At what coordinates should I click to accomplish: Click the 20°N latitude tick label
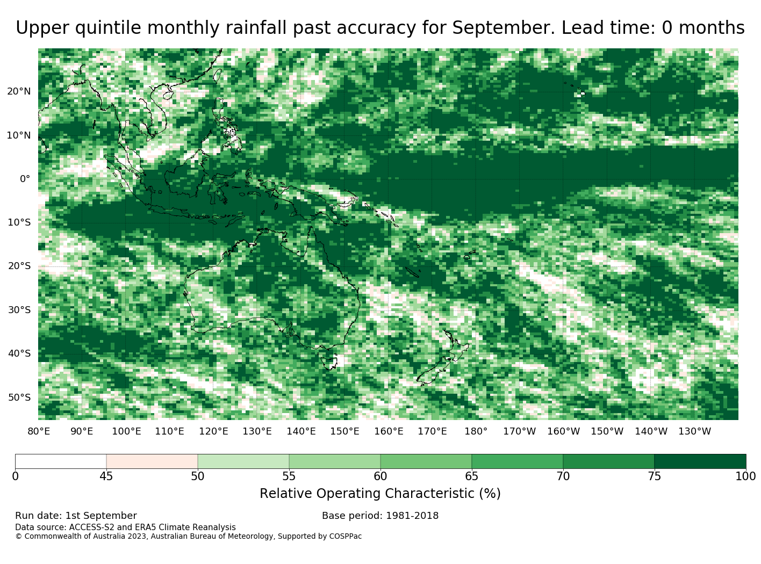pos(19,91)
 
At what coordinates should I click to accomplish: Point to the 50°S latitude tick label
pos(19,397)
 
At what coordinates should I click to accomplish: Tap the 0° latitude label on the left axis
pos(25,179)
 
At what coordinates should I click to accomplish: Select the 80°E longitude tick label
pos(39,431)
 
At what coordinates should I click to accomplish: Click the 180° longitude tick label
pos(476,431)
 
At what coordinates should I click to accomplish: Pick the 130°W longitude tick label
pos(695,431)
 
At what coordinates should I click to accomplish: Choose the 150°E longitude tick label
pos(344,431)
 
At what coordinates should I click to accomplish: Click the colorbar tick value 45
pos(106,476)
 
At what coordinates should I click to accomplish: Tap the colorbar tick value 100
pos(745,476)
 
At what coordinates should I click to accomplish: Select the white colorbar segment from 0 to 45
pos(61,461)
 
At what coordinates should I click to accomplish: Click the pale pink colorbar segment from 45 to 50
pos(152,461)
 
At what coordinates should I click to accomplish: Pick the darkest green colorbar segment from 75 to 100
pos(700,461)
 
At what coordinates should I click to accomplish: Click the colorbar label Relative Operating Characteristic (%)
pos(380,494)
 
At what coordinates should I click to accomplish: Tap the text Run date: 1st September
pos(76,516)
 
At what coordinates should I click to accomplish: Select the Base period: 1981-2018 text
pos(380,516)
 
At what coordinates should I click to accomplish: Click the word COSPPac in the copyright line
pos(345,536)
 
